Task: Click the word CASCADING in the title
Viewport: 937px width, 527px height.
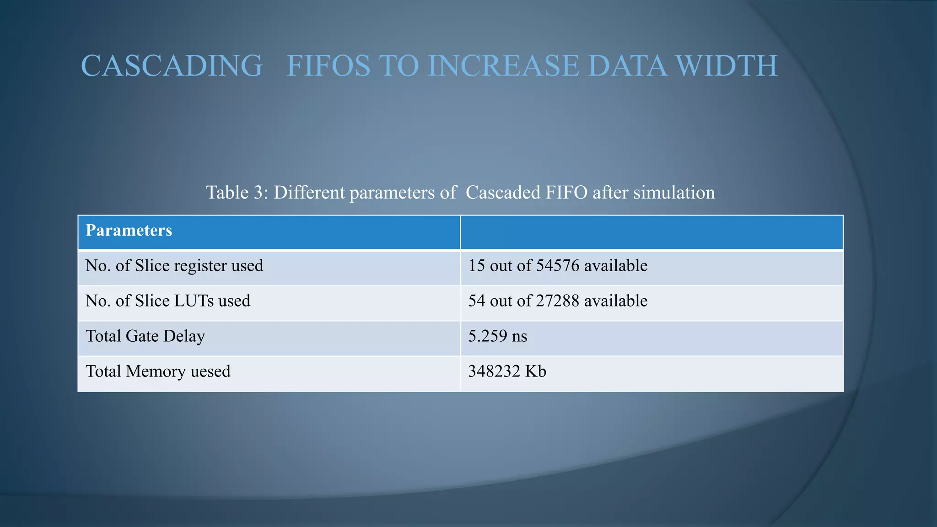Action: click(172, 65)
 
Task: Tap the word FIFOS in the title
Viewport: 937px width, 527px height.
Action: click(328, 65)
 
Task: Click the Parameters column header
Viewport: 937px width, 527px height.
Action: click(129, 230)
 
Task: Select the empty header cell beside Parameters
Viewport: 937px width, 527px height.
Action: click(652, 232)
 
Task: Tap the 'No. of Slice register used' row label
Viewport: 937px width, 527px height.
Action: click(174, 266)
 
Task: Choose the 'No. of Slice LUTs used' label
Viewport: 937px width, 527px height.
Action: click(168, 301)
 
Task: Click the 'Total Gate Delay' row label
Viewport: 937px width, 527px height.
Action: click(145, 336)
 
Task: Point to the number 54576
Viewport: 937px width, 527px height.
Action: click(558, 266)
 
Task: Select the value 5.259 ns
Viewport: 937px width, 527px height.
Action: click(498, 336)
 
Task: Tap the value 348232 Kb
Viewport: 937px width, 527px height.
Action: click(507, 371)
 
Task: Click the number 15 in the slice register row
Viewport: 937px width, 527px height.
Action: click(476, 266)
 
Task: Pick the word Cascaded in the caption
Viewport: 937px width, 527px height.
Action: click(503, 192)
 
